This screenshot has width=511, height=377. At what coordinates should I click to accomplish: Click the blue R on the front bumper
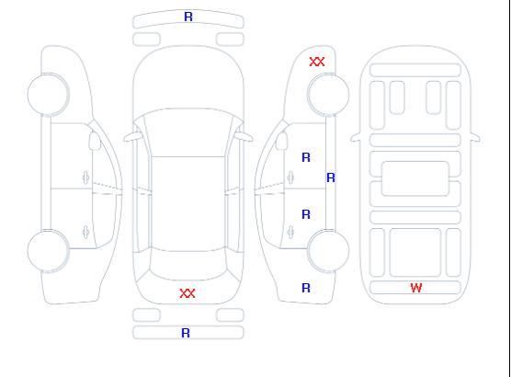(188, 17)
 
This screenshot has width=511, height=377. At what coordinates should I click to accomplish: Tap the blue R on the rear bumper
(186, 333)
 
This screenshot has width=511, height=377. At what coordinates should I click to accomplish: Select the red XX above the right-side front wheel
(317, 62)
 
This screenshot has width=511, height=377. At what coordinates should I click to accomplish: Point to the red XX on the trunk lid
(187, 293)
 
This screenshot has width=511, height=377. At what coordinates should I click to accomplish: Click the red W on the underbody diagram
(416, 288)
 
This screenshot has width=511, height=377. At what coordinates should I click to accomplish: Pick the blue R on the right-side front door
(306, 157)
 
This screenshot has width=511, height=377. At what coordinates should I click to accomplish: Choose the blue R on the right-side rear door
(306, 214)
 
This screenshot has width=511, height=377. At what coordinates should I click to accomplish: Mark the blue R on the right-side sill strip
(331, 177)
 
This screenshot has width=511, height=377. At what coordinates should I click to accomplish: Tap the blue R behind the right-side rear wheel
(306, 288)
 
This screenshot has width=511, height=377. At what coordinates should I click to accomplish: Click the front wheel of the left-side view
(48, 95)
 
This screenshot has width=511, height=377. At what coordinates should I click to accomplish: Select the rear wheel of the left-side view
(48, 251)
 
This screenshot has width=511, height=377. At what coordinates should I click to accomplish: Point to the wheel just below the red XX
(328, 95)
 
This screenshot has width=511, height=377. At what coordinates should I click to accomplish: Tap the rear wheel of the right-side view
(328, 250)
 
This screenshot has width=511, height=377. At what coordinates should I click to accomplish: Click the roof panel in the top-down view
(188, 204)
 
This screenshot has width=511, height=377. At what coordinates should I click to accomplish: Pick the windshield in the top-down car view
(188, 132)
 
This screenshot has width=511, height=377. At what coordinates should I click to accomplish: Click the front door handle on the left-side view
(85, 177)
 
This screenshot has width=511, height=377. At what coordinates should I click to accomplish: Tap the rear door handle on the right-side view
(290, 233)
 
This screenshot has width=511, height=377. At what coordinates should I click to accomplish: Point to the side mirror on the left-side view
(95, 141)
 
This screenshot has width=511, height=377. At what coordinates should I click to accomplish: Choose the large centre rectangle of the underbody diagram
(415, 178)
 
